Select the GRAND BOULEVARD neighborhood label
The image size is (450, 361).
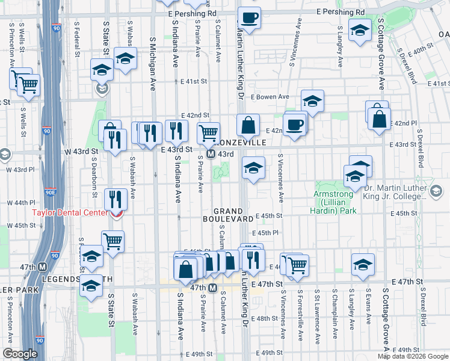[231, 215]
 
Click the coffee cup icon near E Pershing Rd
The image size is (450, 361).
[248, 17]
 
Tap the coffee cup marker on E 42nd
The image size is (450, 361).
[295, 125]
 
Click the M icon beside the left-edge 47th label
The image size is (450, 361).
[43, 267]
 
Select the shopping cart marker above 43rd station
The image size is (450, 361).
[209, 132]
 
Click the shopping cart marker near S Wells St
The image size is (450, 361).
[28, 85]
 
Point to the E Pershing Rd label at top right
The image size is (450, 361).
[340, 12]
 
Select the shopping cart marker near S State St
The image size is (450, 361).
[112, 241]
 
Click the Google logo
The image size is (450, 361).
[20, 354]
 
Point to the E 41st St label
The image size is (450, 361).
[194, 81]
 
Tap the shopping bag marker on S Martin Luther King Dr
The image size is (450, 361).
[248, 126]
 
